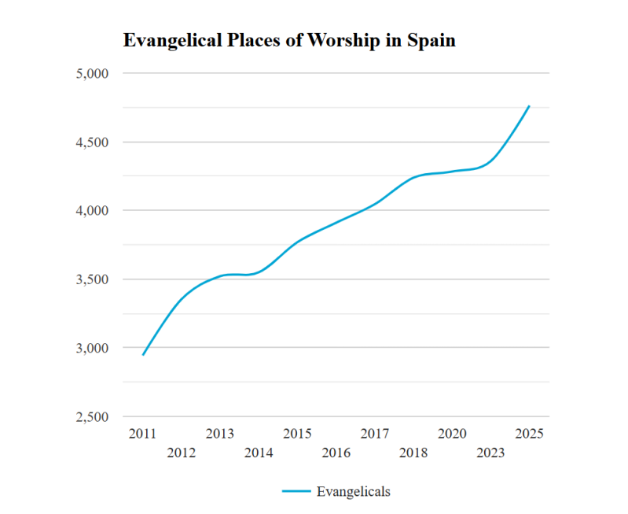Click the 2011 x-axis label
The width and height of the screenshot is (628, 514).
142,434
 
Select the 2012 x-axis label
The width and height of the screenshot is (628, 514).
181,453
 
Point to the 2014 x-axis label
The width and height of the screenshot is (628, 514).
259,453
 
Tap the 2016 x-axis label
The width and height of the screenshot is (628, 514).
336,453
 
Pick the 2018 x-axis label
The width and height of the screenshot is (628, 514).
413,453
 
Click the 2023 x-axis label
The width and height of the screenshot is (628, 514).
490,453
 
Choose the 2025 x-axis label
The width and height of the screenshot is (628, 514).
529,434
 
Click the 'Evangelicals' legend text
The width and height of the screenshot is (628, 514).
353,491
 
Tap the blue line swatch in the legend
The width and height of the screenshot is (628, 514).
296,491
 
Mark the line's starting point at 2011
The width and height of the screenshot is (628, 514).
143,355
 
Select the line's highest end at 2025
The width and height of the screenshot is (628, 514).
529,105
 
